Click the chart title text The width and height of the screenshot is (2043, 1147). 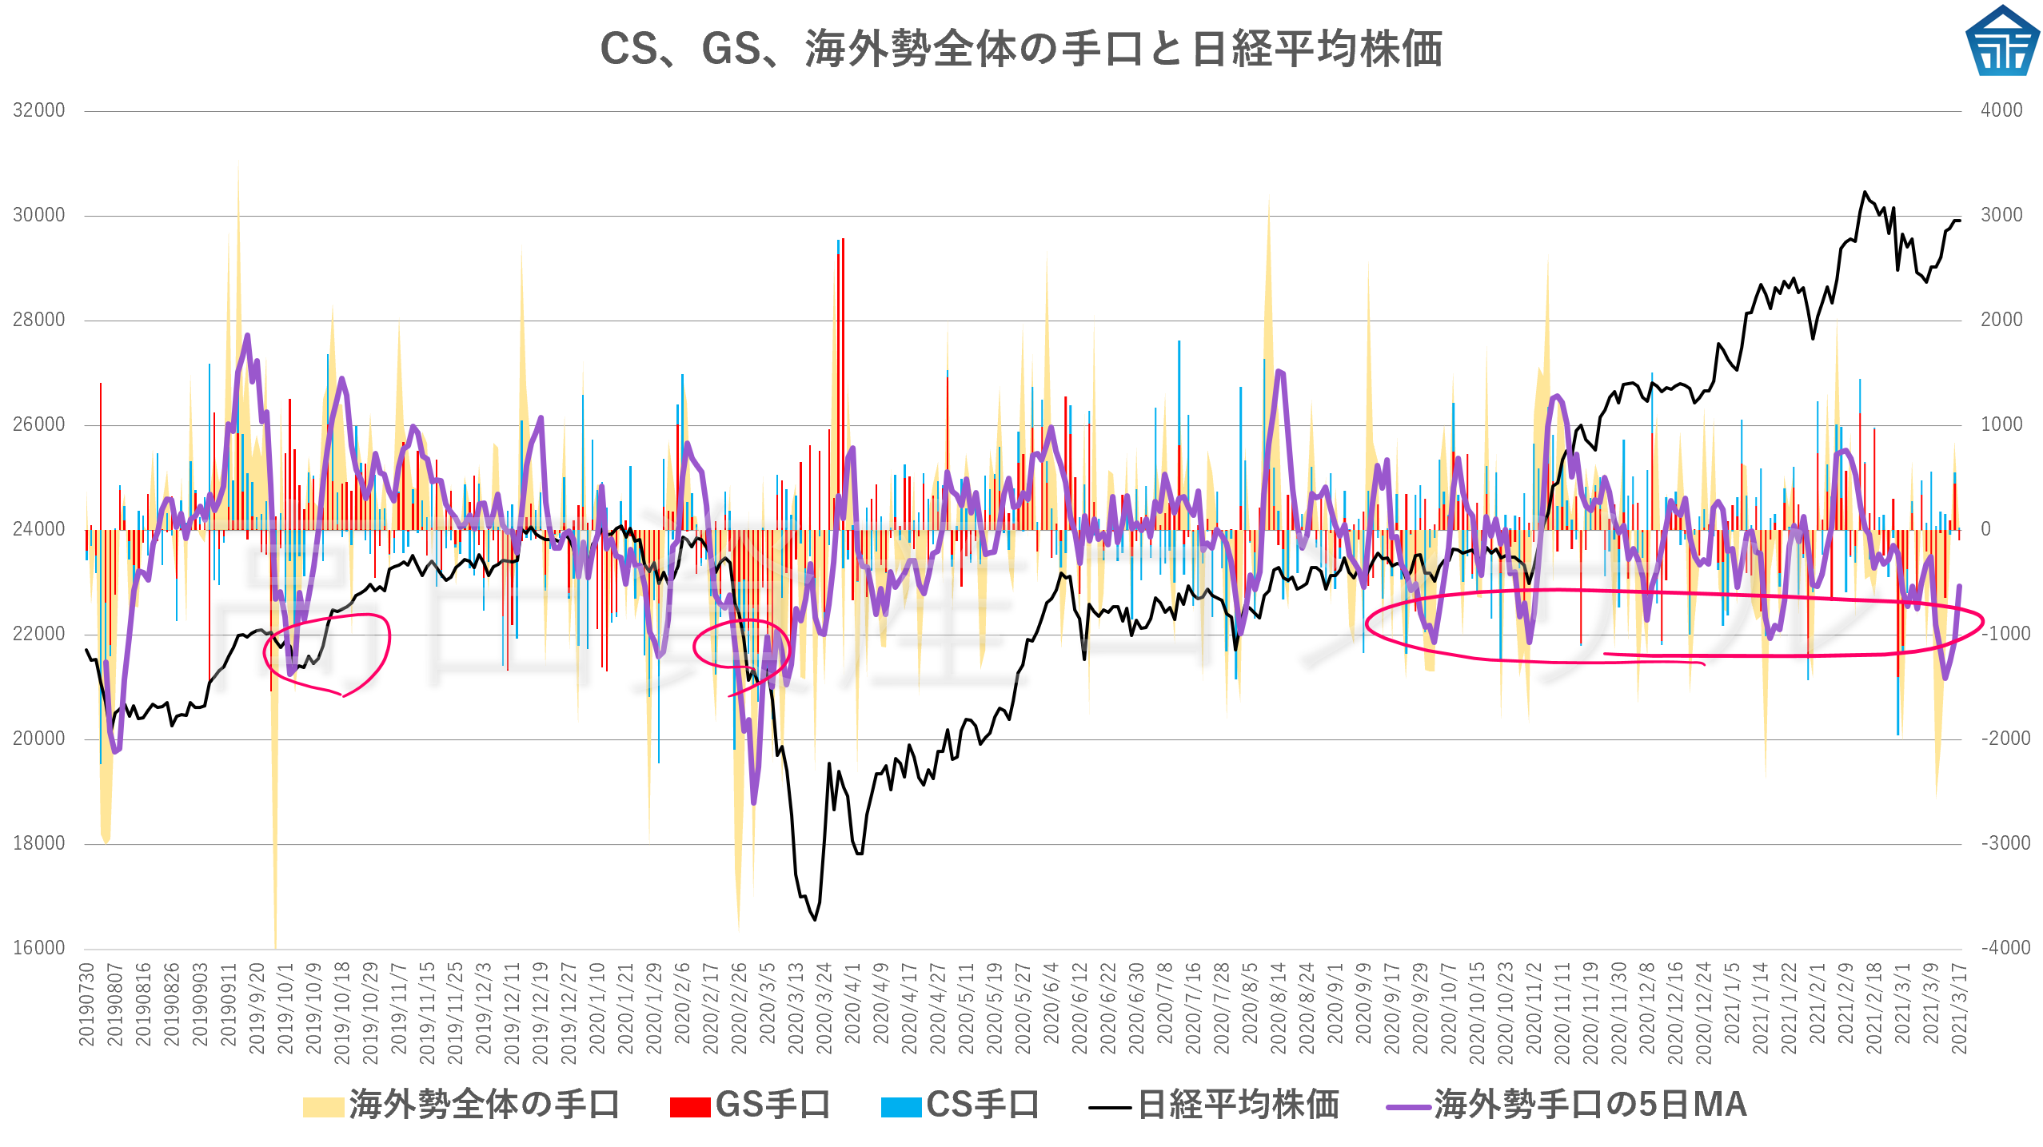click(x=1021, y=49)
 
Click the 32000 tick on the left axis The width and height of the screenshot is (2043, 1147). click(x=38, y=110)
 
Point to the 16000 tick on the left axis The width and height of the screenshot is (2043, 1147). click(x=38, y=948)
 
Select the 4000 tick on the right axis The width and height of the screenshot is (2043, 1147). click(x=2001, y=110)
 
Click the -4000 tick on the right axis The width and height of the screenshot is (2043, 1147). click(x=2005, y=948)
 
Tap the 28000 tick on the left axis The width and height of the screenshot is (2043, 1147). click(x=38, y=320)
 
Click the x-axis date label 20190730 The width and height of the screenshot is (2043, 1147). click(x=86, y=1004)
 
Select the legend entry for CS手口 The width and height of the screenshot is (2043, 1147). click(x=960, y=1105)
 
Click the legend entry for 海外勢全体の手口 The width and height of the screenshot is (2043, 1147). click(x=461, y=1105)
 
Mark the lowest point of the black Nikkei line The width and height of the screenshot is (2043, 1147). click(x=815, y=919)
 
